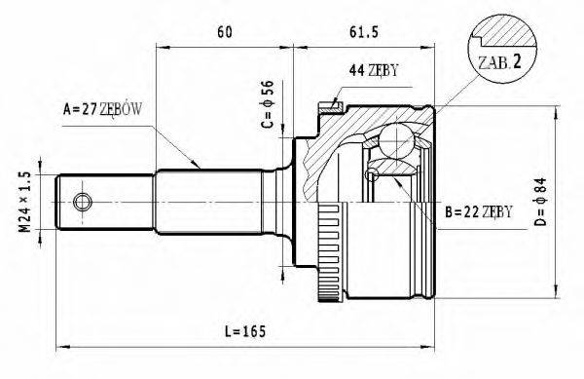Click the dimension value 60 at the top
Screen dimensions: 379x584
pos(224,31)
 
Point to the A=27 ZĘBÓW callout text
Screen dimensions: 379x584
pos(103,109)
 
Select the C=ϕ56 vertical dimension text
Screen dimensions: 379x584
pos(267,110)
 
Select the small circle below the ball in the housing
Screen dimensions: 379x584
pos(370,174)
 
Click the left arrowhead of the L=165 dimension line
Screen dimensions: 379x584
pos(60,345)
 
